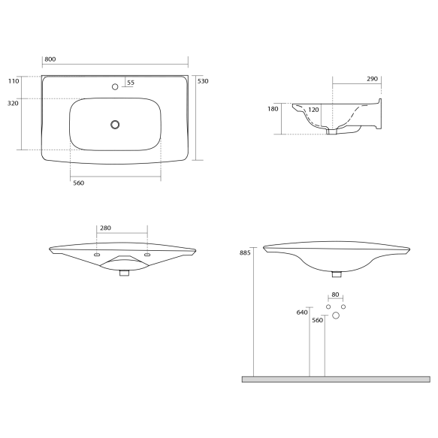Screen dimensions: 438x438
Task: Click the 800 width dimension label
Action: point(50,59)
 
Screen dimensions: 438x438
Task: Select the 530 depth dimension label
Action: point(202,80)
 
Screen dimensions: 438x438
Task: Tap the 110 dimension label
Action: point(14,80)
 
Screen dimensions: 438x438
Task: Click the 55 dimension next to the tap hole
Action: point(131,83)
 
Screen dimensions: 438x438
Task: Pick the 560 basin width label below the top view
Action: point(77,183)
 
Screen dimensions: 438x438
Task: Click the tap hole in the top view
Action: point(115,87)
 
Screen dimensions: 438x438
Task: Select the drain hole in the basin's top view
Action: point(115,124)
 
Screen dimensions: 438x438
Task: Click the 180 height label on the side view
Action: point(273,109)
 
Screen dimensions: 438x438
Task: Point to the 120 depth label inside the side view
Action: point(314,110)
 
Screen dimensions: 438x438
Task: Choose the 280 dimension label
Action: point(105,228)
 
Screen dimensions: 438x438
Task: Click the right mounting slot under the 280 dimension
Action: point(147,255)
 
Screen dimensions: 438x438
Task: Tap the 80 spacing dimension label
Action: point(335,295)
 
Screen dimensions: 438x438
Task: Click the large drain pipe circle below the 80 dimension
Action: point(336,316)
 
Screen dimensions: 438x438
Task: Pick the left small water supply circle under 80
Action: point(328,307)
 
